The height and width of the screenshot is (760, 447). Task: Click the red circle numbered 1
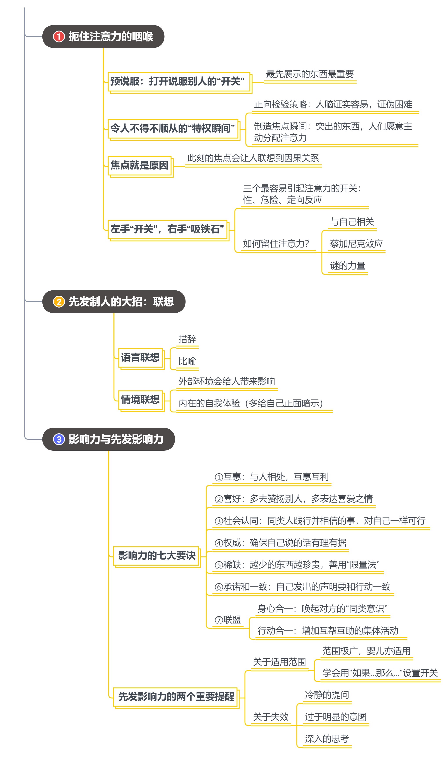tap(59, 36)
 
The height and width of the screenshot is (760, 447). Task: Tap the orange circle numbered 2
tap(59, 302)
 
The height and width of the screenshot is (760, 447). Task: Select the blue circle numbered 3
tap(59, 439)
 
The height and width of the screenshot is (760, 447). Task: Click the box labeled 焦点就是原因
tap(140, 166)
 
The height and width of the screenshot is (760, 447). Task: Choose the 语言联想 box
tap(141, 359)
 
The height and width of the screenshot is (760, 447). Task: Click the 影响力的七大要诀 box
tap(157, 556)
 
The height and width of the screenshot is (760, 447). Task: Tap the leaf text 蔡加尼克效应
tap(356, 244)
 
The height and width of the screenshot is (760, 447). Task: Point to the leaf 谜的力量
tap(347, 266)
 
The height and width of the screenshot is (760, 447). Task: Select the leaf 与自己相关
tap(352, 222)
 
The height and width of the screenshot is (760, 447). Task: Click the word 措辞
tap(187, 339)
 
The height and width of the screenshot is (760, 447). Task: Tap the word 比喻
tap(187, 361)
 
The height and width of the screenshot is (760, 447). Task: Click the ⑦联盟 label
tap(228, 620)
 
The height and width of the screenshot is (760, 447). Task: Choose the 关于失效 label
tap(271, 716)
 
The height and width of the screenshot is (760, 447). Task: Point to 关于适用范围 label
tap(279, 662)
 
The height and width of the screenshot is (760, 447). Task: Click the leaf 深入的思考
tap(327, 739)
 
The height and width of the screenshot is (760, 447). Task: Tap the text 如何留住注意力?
tap(276, 244)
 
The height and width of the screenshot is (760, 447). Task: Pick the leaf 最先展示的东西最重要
tap(310, 74)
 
